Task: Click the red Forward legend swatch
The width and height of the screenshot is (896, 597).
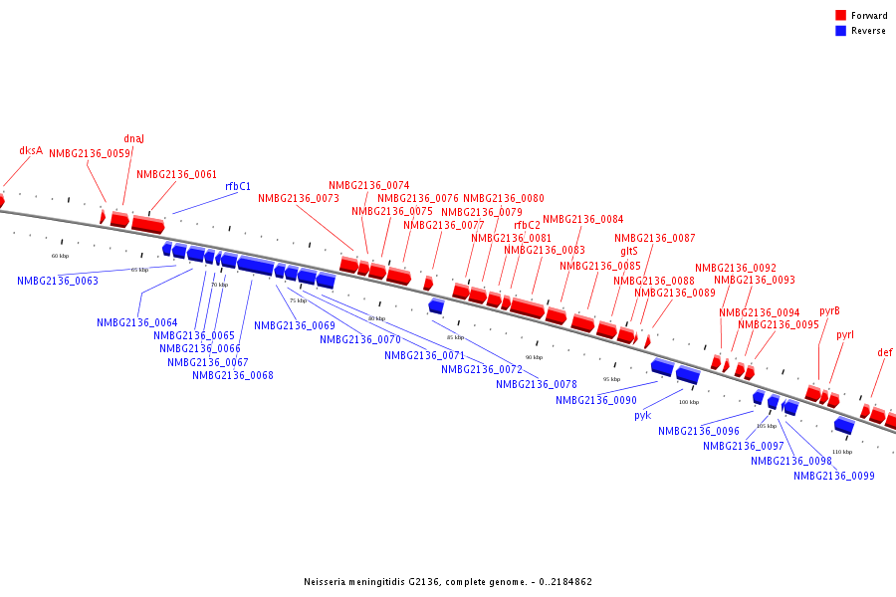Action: (x=840, y=16)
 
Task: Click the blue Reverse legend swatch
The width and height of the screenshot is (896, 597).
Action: (x=840, y=31)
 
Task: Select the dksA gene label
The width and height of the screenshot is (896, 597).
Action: (x=31, y=151)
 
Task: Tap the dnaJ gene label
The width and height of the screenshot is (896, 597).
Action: (x=133, y=139)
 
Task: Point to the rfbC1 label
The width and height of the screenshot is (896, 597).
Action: (x=238, y=186)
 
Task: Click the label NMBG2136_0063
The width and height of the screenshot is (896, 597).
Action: (x=58, y=282)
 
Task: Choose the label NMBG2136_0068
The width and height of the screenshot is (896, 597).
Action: (x=233, y=376)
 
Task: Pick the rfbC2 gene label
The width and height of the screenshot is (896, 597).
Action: (x=527, y=225)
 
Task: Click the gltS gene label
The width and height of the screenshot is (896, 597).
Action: (x=628, y=252)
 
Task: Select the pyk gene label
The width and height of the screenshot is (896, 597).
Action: (x=642, y=416)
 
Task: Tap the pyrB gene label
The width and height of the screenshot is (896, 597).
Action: (x=829, y=311)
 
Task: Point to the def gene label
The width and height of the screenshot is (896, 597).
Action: (x=885, y=353)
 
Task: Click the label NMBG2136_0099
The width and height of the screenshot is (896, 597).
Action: (x=834, y=477)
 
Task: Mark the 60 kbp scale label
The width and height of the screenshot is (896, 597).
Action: (x=61, y=256)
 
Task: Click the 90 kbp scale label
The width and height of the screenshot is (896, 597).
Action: (x=535, y=357)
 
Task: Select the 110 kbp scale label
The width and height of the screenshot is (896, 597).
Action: (x=842, y=452)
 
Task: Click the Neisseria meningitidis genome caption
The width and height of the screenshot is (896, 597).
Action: (x=448, y=582)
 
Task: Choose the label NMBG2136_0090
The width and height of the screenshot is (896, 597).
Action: (x=596, y=401)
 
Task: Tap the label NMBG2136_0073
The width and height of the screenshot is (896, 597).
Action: (x=299, y=199)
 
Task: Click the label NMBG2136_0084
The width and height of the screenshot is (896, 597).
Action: (x=583, y=220)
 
